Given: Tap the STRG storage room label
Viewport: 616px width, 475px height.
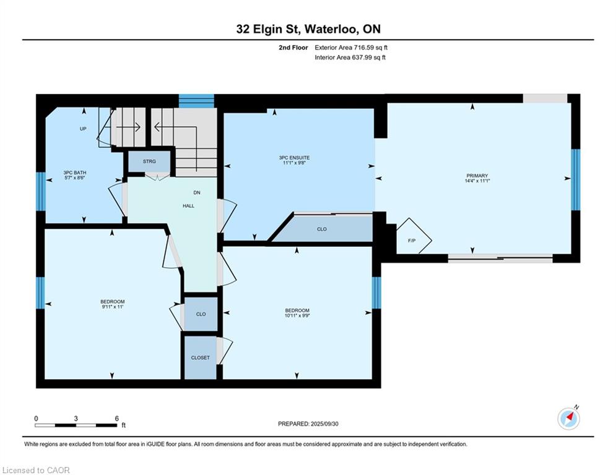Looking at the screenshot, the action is click(x=149, y=161).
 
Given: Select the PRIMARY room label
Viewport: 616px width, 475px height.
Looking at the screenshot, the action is click(x=477, y=176).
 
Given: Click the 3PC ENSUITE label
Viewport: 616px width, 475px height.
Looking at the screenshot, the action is click(x=294, y=158).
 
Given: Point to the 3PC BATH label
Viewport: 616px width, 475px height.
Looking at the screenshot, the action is click(x=75, y=173).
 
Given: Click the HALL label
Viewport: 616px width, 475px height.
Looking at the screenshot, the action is click(x=189, y=206).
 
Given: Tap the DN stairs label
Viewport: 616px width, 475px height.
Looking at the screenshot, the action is click(x=197, y=193).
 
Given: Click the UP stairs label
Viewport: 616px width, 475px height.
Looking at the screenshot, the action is click(x=83, y=129).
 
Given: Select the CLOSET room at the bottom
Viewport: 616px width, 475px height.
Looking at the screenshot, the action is click(x=201, y=357).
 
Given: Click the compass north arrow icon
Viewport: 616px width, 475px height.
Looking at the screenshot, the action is click(x=568, y=419).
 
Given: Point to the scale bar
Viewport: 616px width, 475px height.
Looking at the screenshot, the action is click(x=76, y=425).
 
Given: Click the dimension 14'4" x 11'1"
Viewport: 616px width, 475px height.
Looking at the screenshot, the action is click(x=477, y=181).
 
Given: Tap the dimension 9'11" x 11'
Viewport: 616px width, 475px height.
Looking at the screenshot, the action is click(x=112, y=307).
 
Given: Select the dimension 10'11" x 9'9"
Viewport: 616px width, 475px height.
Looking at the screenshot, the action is click(x=297, y=315).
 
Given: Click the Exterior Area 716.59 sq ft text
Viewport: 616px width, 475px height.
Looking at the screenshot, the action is click(x=351, y=48).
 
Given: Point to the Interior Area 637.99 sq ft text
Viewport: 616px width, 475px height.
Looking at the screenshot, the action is click(x=350, y=58).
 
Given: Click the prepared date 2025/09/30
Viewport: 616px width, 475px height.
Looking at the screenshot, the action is click(x=324, y=424).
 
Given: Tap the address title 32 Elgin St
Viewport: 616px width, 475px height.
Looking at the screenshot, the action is click(x=269, y=29).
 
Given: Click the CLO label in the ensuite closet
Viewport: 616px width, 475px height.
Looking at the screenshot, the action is click(x=322, y=229).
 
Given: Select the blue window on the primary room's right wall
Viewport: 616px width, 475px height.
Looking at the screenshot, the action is click(x=576, y=179).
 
